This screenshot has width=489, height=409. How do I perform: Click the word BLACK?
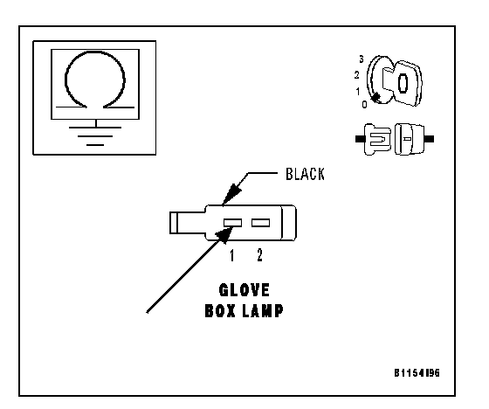305,174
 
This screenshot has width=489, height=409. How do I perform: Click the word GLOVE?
244,290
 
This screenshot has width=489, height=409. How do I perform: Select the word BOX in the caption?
220,310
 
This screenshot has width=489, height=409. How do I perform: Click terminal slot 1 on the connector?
232,223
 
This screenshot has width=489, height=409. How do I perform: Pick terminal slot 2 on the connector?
261,223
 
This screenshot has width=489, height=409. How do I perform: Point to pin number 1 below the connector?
231,255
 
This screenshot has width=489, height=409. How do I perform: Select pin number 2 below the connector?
260,255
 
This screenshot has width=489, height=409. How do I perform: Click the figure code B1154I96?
417,373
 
